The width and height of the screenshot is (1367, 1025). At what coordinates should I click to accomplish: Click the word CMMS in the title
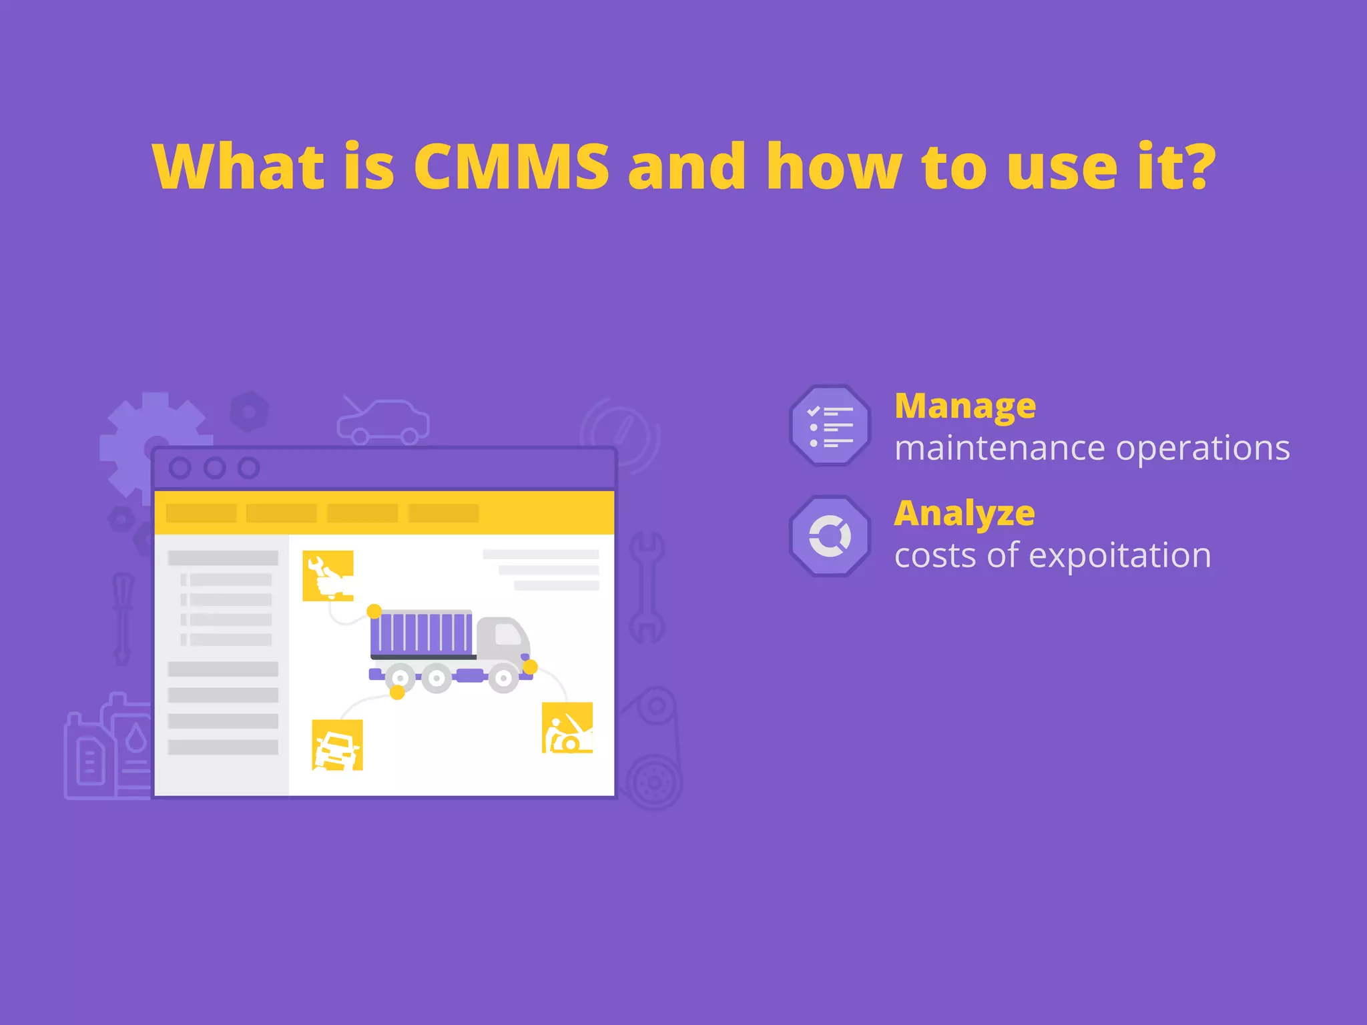click(x=511, y=167)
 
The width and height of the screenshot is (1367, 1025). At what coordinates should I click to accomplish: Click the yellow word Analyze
click(x=965, y=513)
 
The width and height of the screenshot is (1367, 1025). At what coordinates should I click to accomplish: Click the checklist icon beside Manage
click(x=830, y=426)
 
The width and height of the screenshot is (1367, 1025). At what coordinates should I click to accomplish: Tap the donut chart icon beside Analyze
click(x=830, y=536)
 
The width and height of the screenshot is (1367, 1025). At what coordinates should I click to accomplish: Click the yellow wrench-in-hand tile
click(x=328, y=575)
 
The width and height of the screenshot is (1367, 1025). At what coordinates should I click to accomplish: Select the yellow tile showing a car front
click(x=337, y=745)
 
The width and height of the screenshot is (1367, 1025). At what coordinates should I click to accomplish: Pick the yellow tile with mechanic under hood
click(x=567, y=727)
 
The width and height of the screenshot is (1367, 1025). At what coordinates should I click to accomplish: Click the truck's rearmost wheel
click(x=400, y=678)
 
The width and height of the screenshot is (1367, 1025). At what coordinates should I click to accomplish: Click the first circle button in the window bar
click(x=180, y=468)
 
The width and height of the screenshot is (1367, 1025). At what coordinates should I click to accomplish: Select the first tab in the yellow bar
click(x=201, y=513)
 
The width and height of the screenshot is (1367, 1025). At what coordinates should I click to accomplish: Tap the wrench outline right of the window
click(x=646, y=587)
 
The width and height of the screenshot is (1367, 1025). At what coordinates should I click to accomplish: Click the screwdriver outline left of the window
click(x=123, y=617)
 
